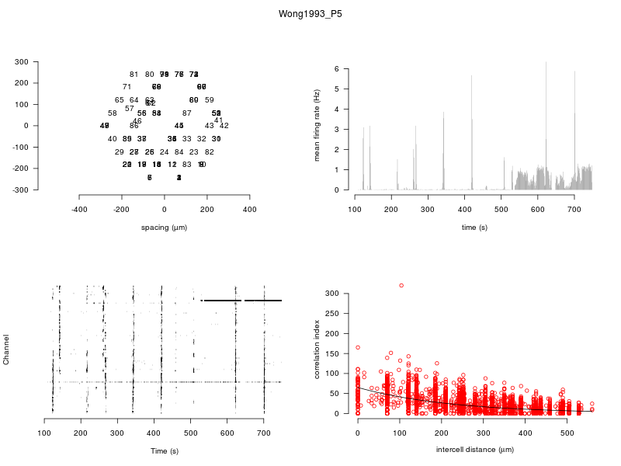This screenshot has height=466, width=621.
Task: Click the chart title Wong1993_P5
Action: (x=310, y=14)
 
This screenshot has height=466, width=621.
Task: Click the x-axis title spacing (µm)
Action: (x=164, y=228)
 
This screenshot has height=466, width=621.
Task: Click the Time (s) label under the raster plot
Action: (x=164, y=451)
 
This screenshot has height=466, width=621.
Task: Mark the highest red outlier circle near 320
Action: (x=401, y=286)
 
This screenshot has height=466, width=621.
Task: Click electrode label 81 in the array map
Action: (x=134, y=75)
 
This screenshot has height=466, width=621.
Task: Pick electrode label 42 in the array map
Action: (x=224, y=126)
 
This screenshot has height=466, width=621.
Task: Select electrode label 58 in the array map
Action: (x=112, y=113)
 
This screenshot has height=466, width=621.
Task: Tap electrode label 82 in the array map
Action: (x=209, y=152)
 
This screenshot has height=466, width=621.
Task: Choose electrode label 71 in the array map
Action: (x=127, y=87)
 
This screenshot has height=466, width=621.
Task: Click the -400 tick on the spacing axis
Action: (x=79, y=209)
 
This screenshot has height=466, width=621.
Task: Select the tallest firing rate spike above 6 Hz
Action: (x=546, y=62)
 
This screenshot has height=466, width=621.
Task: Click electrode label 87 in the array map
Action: (x=186, y=113)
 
